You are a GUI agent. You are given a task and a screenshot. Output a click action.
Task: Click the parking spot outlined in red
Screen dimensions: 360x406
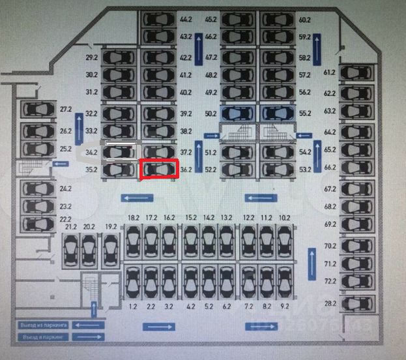click(159, 170)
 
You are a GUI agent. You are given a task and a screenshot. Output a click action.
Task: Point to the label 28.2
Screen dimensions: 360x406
click(330, 303)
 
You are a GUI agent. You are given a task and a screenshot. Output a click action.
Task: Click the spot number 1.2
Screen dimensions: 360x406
click(134, 304)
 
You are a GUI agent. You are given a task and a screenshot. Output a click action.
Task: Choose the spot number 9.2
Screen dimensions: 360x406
click(284, 304)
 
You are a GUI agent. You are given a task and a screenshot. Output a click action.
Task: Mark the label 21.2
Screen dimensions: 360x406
click(71, 226)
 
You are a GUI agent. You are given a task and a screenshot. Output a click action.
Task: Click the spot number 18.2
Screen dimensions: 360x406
click(134, 217)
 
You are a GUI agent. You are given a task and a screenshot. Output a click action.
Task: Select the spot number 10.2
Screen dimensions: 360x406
click(284, 217)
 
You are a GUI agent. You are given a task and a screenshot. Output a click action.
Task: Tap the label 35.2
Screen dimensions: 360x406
click(91, 170)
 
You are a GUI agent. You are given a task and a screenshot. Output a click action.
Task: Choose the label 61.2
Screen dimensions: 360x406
click(330, 72)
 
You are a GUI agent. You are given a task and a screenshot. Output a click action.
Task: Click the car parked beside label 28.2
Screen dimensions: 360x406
click(357, 303)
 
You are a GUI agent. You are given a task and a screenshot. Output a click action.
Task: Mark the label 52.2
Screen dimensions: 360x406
click(210, 170)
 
